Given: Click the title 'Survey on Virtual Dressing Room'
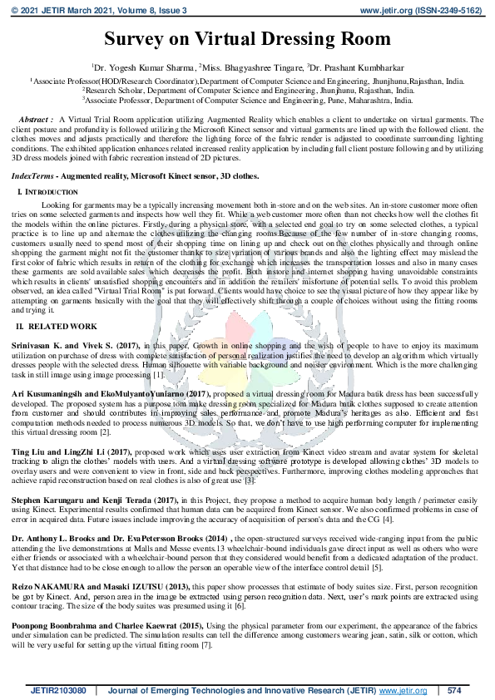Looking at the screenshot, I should tap(247, 39).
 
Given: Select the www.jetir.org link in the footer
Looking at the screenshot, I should tap(403, 691).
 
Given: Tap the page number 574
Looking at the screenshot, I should tap(454, 691).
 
